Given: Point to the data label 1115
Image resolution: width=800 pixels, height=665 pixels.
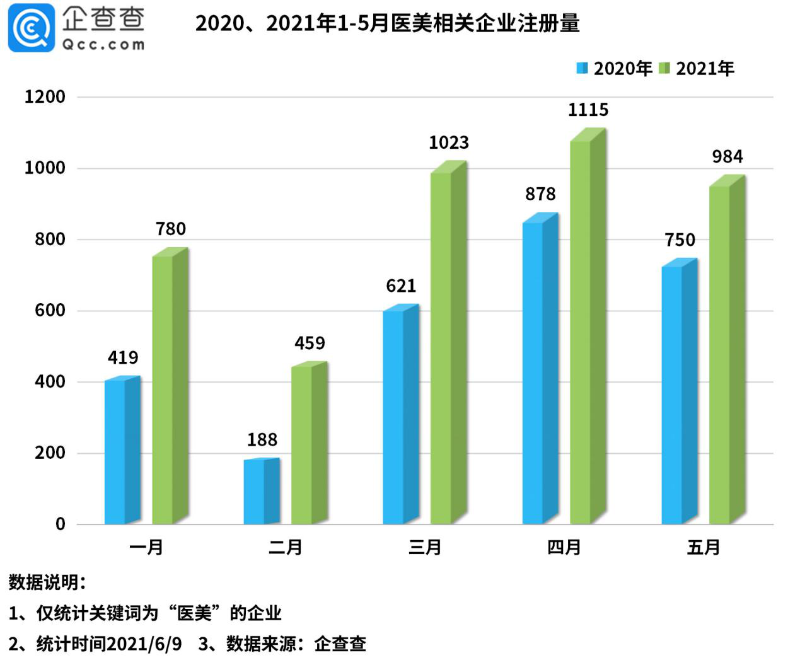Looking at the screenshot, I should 588,110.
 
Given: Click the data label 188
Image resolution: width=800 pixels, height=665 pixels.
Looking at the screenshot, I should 262,440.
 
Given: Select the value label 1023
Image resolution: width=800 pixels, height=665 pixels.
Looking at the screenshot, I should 449,143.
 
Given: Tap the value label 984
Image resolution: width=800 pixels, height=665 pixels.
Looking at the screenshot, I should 728,157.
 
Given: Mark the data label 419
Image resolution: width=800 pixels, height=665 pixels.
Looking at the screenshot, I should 123,358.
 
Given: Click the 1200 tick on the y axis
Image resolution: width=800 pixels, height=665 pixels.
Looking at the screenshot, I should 45,97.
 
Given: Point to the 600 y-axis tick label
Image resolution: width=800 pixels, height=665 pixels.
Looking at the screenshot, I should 50,311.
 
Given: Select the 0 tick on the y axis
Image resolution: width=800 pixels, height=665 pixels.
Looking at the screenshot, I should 61,524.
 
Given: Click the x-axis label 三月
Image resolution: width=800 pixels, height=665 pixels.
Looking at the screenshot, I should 425,547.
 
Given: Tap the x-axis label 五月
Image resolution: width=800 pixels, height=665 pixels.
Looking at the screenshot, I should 704,547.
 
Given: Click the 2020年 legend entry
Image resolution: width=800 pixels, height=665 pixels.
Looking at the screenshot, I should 615,69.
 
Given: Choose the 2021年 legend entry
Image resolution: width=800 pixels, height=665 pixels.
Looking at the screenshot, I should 697,69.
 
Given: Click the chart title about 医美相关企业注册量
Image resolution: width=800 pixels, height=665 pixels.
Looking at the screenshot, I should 387,23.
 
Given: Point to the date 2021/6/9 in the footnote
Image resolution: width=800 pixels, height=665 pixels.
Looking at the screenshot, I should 144,644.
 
